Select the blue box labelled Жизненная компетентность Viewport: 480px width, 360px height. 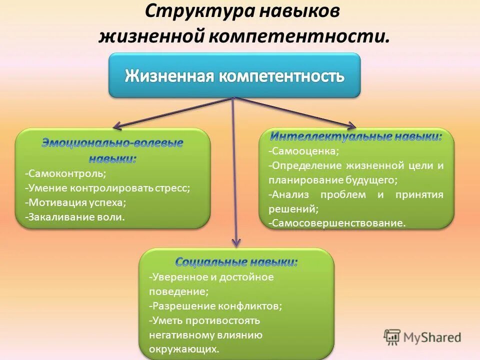(x=234, y=76)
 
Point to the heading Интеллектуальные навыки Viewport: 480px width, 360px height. (x=356, y=136)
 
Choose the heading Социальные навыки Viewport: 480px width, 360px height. (x=236, y=262)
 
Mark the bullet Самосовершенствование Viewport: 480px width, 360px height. (x=337, y=223)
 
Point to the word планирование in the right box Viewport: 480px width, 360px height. (x=304, y=180)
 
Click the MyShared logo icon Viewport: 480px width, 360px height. (x=392, y=337)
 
